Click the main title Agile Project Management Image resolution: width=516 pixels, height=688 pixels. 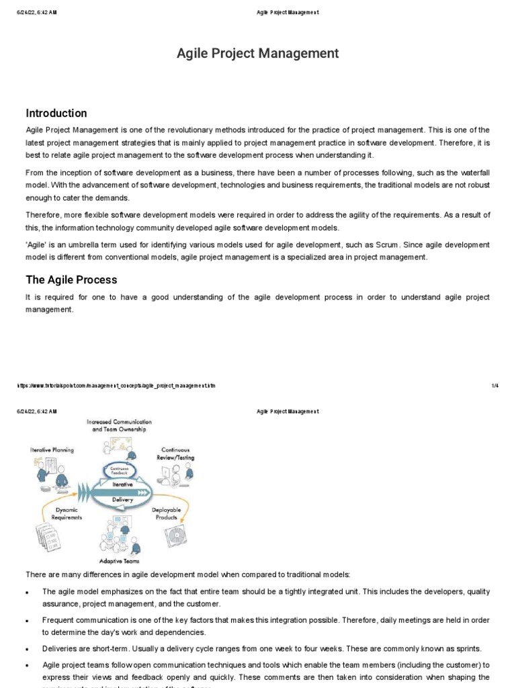[258, 54]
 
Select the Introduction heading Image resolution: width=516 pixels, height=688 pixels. [56, 113]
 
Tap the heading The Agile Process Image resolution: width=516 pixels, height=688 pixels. [71, 279]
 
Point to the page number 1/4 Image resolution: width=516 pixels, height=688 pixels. [495, 386]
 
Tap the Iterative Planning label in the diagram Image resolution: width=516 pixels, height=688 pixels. [52, 449]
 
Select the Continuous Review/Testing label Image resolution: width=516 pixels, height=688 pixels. [176, 454]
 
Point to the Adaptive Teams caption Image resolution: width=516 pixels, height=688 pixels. [119, 560]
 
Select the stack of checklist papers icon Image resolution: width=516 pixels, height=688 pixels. [46, 538]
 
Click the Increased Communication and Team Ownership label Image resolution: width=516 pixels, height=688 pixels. [118, 425]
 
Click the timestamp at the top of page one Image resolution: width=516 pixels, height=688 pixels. [37, 12]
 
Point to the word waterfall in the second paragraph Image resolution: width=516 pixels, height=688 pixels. [475, 172]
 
